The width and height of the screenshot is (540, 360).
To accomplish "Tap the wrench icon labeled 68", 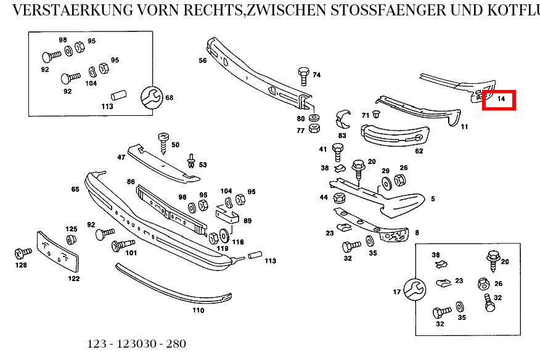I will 150,97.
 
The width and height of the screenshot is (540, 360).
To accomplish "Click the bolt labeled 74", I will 303,75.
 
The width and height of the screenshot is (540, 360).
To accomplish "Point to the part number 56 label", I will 202,60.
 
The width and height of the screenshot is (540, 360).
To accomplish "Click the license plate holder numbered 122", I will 58,252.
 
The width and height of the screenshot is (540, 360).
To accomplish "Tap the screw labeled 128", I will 23,253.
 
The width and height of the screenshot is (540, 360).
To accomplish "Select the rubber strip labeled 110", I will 173,287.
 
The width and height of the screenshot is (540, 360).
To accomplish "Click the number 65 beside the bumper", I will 75,189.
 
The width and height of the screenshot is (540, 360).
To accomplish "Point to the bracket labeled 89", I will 227,215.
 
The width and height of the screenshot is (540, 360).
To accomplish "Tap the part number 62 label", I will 419,150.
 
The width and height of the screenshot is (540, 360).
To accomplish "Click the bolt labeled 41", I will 337,150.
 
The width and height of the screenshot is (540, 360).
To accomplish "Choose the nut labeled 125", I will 71,239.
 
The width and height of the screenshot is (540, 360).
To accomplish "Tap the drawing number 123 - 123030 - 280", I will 136,344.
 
